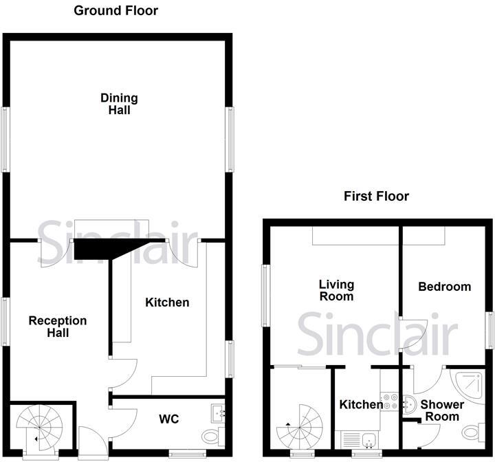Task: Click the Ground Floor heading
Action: [115, 10]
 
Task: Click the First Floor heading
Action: [376, 197]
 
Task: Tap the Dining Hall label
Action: [119, 104]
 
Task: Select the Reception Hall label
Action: [58, 327]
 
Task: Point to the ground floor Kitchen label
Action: [168, 302]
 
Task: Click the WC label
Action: [169, 419]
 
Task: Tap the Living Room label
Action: [336, 290]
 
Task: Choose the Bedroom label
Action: [445, 287]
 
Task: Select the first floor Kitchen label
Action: [361, 405]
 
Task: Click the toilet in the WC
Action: [213, 435]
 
